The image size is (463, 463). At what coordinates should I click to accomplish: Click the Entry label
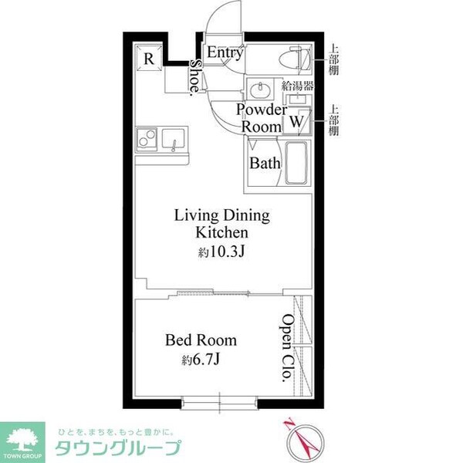click(225, 52)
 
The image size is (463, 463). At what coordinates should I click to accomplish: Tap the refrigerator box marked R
click(149, 58)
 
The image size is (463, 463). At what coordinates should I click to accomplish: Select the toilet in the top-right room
click(296, 59)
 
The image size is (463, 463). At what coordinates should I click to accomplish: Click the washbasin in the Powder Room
click(260, 89)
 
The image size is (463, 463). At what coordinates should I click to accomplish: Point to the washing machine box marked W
click(297, 121)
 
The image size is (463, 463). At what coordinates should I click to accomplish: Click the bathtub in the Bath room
click(296, 163)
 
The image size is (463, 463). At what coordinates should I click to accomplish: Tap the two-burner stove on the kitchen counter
click(147, 138)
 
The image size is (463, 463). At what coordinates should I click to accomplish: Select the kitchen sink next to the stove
click(174, 140)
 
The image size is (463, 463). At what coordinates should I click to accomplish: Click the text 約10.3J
click(221, 252)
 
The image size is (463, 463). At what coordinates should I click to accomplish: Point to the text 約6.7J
click(201, 360)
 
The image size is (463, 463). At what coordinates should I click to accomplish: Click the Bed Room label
click(201, 340)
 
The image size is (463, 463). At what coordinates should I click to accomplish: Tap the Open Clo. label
click(287, 349)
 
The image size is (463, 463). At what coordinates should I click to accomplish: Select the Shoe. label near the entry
click(196, 78)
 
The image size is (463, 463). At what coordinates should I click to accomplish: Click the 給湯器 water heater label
click(297, 86)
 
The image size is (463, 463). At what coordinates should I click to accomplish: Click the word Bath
click(265, 163)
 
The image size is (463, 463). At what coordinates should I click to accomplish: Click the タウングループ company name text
click(118, 448)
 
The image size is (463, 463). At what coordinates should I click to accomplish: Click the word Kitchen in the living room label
click(222, 232)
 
